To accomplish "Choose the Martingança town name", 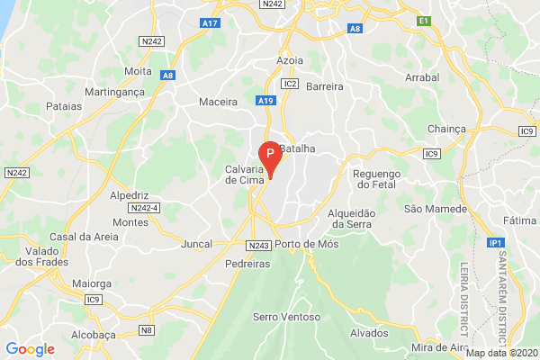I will [x=114, y=92].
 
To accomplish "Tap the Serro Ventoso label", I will [x=286, y=317].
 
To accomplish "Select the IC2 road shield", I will [x=289, y=84].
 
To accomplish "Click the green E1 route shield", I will [x=424, y=20].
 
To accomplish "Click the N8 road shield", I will [x=147, y=329].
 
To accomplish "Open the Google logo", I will [x=30, y=349].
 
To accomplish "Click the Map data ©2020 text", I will [x=502, y=353].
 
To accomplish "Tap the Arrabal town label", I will [x=422, y=77].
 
